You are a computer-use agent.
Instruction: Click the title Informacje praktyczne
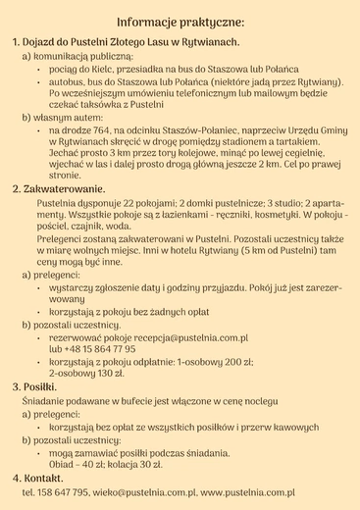coord(180,21)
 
